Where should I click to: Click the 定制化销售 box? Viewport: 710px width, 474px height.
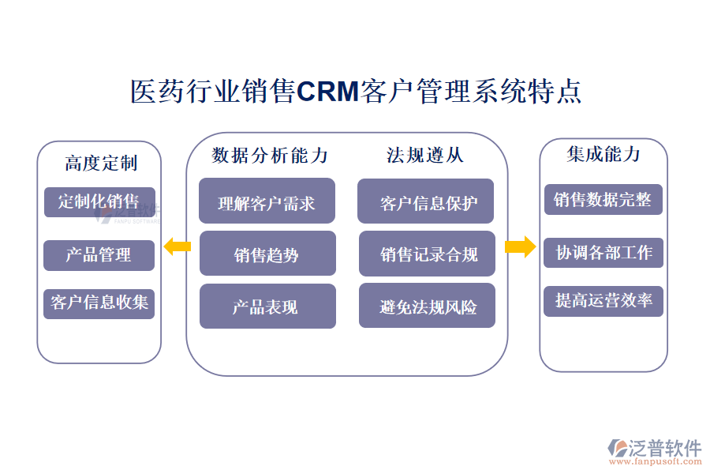click(99, 201)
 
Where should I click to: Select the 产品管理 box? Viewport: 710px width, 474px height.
click(99, 254)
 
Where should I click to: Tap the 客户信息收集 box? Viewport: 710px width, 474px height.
click(99, 303)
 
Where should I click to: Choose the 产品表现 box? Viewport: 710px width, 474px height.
click(267, 307)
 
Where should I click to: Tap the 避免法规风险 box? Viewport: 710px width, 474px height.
click(427, 306)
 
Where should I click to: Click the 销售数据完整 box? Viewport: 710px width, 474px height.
click(603, 199)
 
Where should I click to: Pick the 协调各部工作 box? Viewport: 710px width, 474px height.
click(603, 252)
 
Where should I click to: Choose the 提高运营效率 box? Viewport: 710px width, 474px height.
click(603, 301)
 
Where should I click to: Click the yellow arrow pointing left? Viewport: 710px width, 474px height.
click(177, 247)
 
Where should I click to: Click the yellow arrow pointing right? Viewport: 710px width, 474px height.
click(520, 247)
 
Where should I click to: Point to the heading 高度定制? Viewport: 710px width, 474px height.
click(100, 164)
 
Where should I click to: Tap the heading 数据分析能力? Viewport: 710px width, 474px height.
click(270, 156)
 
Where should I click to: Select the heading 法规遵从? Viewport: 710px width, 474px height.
click(425, 156)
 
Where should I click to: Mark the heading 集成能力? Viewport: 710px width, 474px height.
click(603, 154)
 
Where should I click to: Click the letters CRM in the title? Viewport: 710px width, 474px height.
click(327, 92)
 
